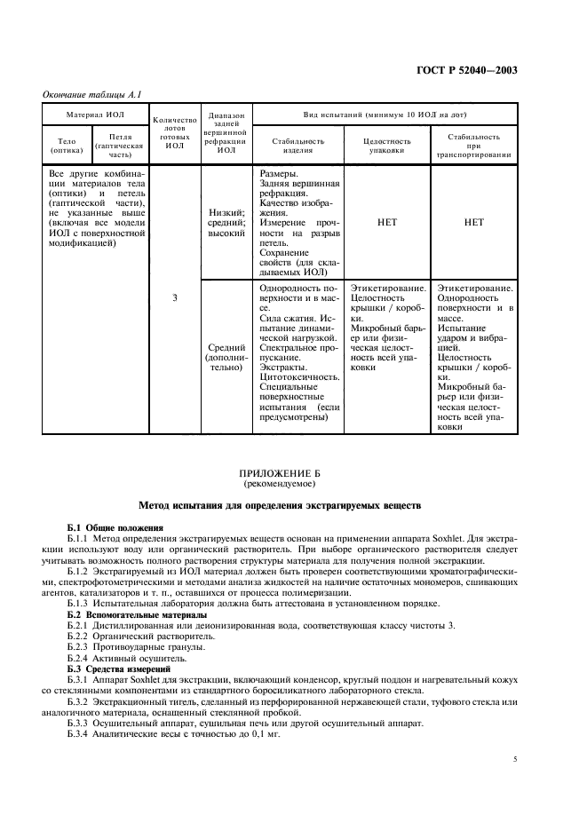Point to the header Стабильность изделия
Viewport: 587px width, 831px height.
point(297,145)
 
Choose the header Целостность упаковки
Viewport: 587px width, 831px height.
point(387,145)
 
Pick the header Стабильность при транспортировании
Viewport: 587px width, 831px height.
point(473,145)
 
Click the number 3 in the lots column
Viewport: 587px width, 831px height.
point(175,298)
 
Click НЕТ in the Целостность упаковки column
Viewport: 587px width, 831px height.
point(387,223)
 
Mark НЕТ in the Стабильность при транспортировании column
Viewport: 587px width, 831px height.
point(473,223)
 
